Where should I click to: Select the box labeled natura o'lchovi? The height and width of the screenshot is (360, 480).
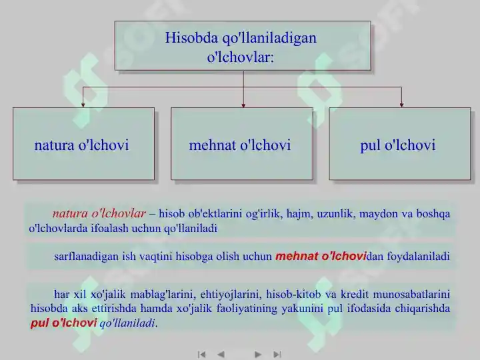tap(83, 144)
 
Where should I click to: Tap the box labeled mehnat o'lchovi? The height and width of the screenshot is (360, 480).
tap(241, 144)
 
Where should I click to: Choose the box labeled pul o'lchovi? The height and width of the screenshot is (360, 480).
tap(399, 144)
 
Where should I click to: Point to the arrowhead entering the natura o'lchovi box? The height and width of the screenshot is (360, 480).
tap(83, 104)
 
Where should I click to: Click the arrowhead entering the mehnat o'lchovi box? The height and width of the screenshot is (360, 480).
tap(243, 104)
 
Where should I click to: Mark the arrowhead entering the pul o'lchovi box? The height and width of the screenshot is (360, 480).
tap(401, 104)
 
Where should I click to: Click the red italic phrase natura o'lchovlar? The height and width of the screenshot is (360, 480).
tap(99, 214)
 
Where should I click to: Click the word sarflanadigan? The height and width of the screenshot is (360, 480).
tap(87, 256)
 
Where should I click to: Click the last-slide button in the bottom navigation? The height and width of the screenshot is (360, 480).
tap(278, 354)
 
